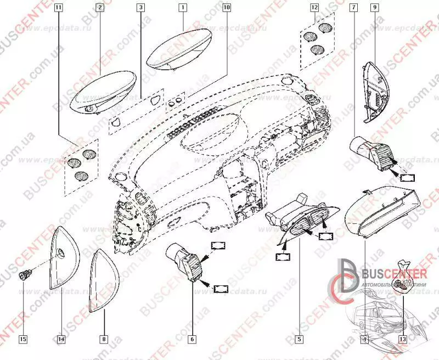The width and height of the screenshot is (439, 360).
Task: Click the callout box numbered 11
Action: (59, 8)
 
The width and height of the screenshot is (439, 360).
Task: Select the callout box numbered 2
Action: (99, 8)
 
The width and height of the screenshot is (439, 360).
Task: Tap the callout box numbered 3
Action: (141, 8)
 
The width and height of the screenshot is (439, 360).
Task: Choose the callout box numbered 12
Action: (314, 8)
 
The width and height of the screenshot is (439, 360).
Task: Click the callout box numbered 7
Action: (353, 8)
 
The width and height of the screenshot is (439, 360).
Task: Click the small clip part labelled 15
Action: (24, 273)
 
